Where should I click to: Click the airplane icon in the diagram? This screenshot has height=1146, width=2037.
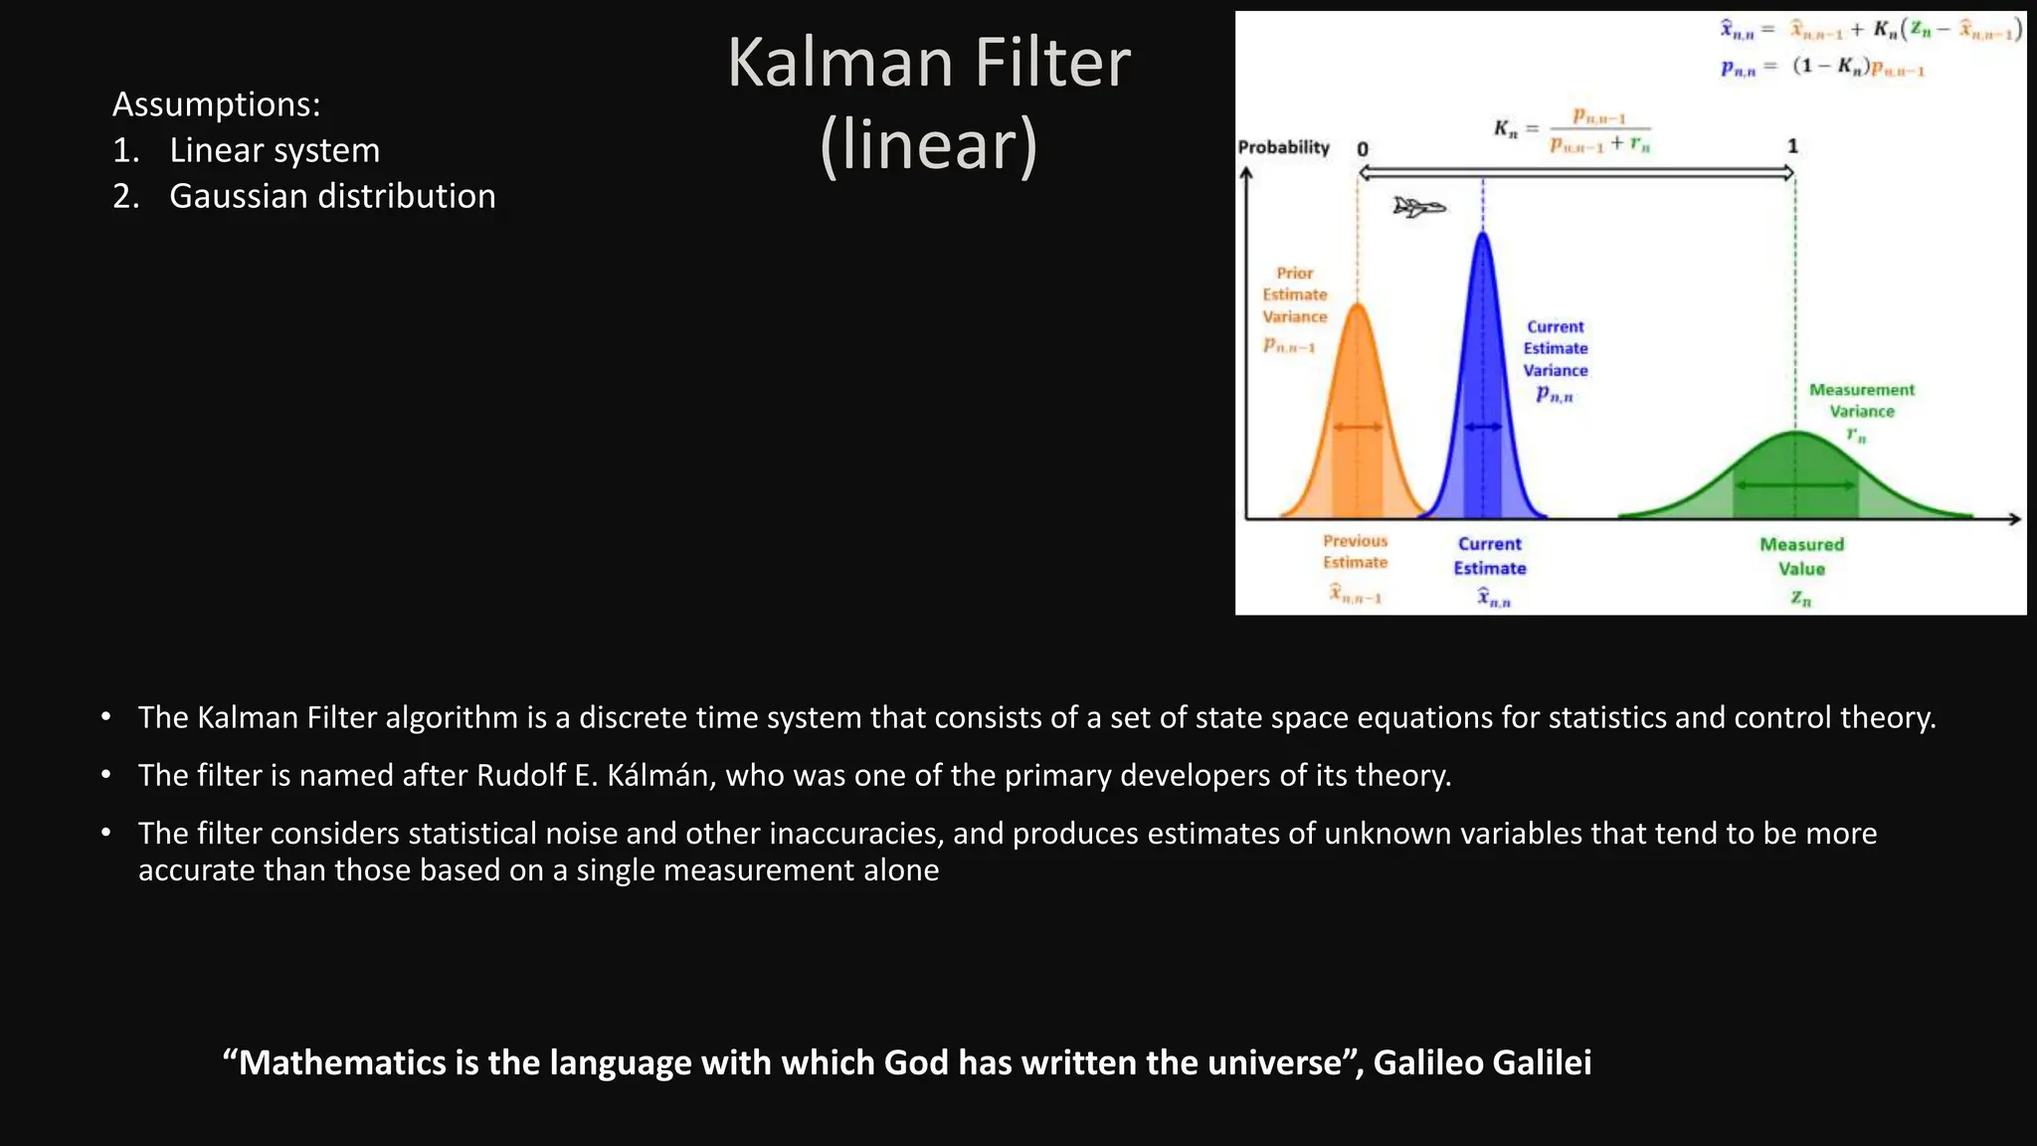(1418, 208)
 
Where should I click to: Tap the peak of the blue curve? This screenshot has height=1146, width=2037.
(1483, 234)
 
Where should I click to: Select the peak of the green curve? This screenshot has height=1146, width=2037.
(1795, 432)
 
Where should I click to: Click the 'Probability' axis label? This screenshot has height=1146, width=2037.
(1283, 147)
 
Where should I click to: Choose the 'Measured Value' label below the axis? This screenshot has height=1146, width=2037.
(1801, 557)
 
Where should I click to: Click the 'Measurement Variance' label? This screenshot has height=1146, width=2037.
(1861, 400)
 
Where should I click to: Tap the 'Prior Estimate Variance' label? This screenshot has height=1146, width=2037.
(1294, 294)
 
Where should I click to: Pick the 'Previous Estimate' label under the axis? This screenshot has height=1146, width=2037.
(1355, 551)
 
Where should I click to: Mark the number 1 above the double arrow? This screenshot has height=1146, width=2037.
(1792, 146)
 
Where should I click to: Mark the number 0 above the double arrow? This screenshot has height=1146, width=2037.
(1363, 149)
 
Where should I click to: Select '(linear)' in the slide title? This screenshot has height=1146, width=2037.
(929, 145)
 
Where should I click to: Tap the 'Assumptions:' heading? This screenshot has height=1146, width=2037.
(216, 103)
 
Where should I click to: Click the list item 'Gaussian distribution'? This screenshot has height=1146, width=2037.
(332, 196)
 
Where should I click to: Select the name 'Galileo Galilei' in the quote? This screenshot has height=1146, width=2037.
(1482, 1062)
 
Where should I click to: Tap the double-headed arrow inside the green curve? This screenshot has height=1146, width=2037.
(1795, 485)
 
